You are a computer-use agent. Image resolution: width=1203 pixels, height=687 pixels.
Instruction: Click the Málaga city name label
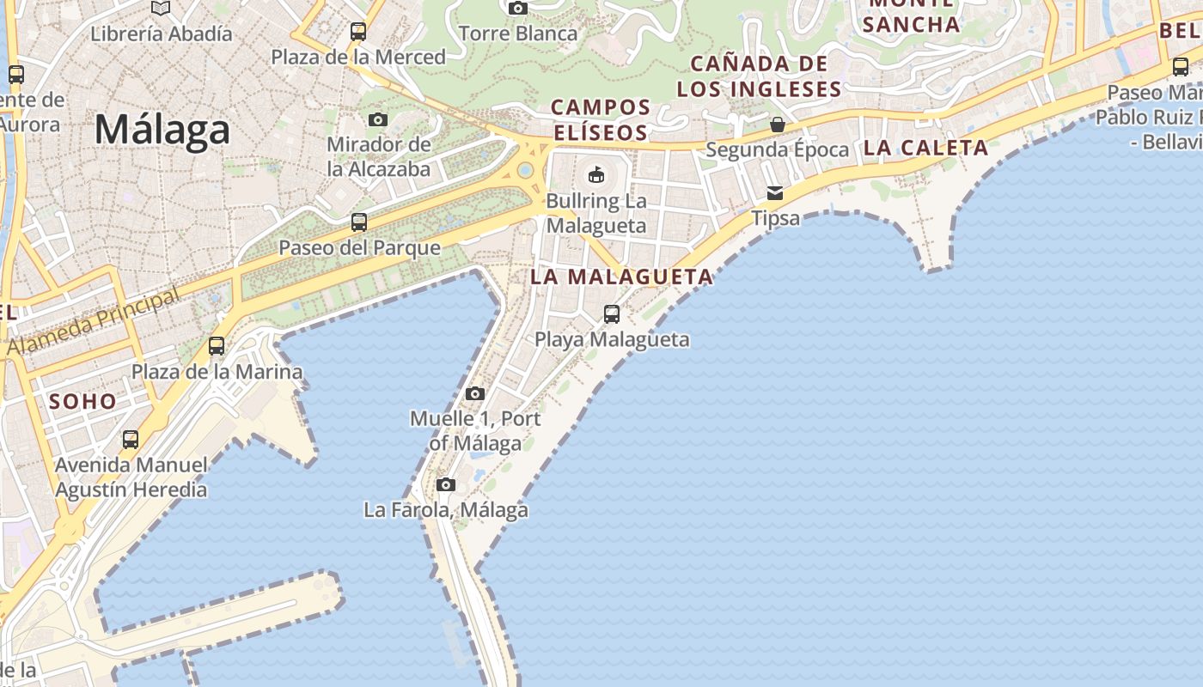click(x=162, y=130)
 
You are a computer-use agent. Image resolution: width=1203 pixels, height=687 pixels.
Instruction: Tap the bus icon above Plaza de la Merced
click(x=358, y=32)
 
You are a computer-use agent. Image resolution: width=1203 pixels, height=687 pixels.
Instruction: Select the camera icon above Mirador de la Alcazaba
click(x=378, y=119)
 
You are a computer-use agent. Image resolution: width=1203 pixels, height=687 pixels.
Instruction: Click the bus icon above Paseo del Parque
click(x=359, y=222)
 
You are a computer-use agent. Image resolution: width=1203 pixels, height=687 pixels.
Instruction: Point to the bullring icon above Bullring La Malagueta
click(x=595, y=176)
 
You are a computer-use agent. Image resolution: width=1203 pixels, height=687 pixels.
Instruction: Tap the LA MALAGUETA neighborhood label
click(x=621, y=277)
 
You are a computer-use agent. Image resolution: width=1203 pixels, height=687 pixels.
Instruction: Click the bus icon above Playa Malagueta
click(x=612, y=314)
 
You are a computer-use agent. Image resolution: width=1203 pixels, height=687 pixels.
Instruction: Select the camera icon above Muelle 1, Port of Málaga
click(x=474, y=394)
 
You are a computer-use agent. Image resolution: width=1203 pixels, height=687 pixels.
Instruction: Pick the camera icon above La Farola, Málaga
click(x=445, y=485)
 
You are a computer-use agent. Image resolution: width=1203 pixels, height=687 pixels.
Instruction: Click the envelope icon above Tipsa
click(x=775, y=193)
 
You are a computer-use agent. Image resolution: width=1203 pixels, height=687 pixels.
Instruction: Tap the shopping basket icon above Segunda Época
click(x=778, y=125)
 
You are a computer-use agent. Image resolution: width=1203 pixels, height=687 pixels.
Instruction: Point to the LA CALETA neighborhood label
click(x=925, y=148)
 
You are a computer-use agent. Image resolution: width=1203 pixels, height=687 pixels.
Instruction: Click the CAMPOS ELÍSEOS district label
click(x=601, y=120)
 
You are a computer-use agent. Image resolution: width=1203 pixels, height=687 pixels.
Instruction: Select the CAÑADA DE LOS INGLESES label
click(x=759, y=76)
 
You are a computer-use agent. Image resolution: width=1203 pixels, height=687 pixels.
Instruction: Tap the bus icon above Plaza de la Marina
click(x=217, y=346)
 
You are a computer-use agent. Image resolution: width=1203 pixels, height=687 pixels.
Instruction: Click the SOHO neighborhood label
click(x=82, y=401)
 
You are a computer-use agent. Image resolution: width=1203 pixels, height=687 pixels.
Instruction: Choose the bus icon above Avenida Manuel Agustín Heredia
click(x=131, y=440)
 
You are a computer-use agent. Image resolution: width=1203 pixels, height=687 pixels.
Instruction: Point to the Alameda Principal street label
click(x=95, y=322)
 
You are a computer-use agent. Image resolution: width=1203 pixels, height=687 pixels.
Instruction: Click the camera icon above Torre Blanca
click(x=518, y=9)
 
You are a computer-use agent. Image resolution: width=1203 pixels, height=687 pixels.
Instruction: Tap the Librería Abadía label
click(x=162, y=34)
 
